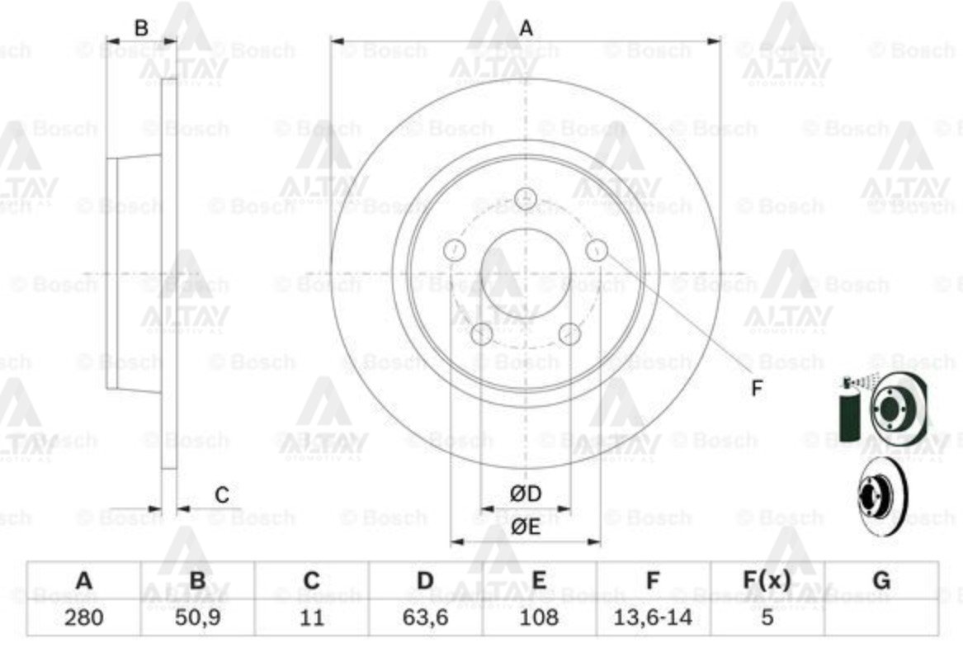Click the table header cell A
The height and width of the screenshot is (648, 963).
click(83, 581)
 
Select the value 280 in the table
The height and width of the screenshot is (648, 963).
click(83, 617)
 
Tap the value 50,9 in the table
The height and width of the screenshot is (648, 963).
click(197, 617)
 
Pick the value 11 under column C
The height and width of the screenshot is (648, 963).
click(311, 617)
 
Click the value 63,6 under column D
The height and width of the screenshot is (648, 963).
click(425, 617)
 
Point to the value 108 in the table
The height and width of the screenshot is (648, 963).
click(539, 617)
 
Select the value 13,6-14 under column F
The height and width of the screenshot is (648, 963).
click(653, 617)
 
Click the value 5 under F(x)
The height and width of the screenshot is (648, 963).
click(767, 617)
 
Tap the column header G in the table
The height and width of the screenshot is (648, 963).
click(881, 581)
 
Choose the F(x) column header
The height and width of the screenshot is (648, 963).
click(767, 581)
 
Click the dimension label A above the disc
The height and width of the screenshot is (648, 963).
click(526, 29)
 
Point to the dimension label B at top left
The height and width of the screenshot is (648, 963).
click(141, 28)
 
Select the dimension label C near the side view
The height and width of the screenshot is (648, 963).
click(222, 495)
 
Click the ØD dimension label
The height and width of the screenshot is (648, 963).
click(525, 494)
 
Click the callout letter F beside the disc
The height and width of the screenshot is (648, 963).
click(757, 389)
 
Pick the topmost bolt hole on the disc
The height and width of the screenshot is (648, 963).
click(525, 199)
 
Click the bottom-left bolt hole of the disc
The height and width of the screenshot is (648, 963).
click(481, 333)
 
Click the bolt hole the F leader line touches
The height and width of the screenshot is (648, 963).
click(596, 249)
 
